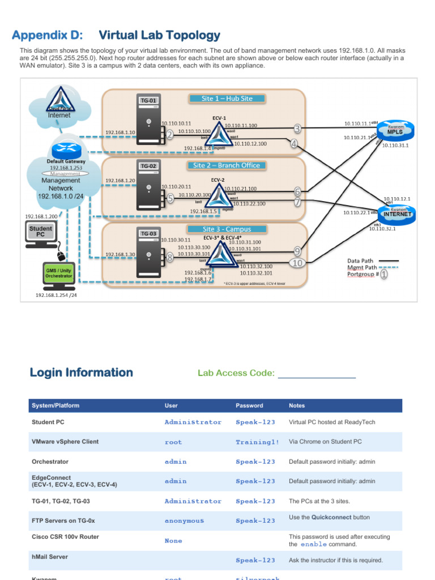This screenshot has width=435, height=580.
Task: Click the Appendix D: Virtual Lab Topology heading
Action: pyautogui.click(x=116, y=36)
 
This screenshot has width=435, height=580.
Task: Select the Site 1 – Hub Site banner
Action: pyautogui.click(x=227, y=99)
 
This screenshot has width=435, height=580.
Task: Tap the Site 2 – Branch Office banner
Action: pyautogui.click(x=227, y=165)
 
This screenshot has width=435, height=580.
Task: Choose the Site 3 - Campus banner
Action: pyautogui.click(x=227, y=229)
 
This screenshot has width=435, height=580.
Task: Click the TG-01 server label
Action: pyautogui.click(x=148, y=101)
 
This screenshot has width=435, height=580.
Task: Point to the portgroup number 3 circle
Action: pyautogui.click(x=297, y=129)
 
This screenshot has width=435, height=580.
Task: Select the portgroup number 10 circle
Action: pyautogui.click(x=297, y=262)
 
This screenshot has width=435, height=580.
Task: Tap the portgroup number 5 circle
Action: pyautogui.click(x=169, y=198)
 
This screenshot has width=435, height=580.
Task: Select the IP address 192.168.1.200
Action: pyautogui.click(x=41, y=216)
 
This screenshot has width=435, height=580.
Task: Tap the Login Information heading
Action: pyautogui.click(x=81, y=373)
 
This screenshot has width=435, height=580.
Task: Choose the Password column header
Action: pyautogui.click(x=249, y=406)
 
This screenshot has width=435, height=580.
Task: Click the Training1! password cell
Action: pyautogui.click(x=257, y=442)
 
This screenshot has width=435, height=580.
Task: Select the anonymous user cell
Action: pyautogui.click(x=184, y=521)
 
